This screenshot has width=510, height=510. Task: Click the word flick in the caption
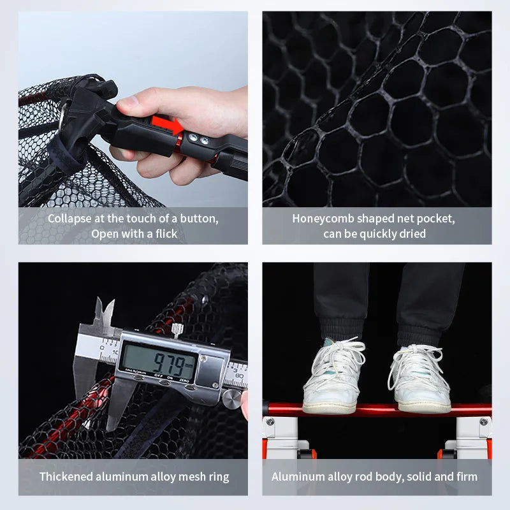[163, 234]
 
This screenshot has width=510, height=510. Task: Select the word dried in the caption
[412, 234]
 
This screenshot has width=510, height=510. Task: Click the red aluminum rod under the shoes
[376, 411]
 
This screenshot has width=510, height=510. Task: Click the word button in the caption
[198, 219]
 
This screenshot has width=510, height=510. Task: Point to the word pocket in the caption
[436, 219]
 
